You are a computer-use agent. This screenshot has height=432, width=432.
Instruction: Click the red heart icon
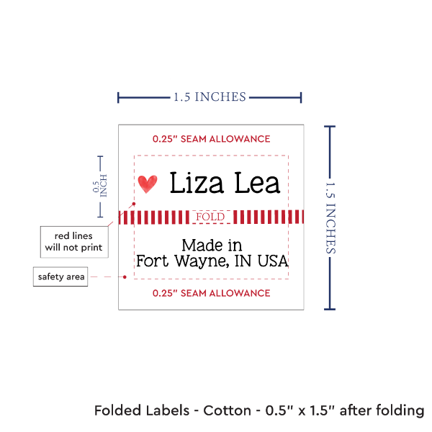[148, 184]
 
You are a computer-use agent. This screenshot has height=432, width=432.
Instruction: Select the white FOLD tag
[210, 217]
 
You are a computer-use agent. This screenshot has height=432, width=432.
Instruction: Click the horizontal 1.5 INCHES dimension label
[210, 96]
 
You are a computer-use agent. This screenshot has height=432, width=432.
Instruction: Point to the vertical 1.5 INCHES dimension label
[333, 217]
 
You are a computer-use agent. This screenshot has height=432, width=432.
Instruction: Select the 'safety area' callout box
[61, 276]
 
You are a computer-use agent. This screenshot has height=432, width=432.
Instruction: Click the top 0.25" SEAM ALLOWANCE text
[211, 139]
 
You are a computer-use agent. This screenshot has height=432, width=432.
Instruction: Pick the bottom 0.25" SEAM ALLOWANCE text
[211, 293]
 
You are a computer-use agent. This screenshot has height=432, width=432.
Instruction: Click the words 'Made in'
[212, 245]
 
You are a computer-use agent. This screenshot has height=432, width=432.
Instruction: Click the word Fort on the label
[151, 261]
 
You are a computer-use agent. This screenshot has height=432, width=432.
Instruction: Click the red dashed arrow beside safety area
[110, 276]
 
